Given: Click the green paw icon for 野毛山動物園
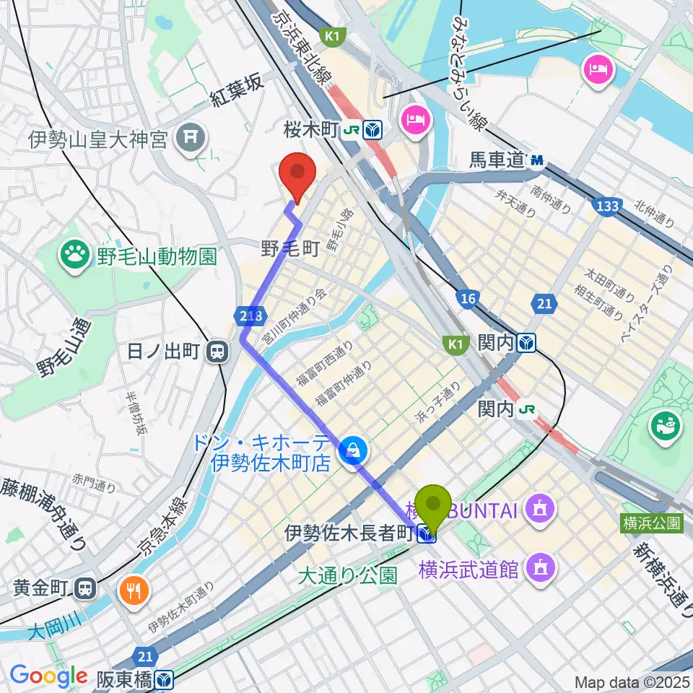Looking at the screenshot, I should pos(74,254).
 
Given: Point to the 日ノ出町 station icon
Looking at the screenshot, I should pos(216,352).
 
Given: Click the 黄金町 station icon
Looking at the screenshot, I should pos(87,588).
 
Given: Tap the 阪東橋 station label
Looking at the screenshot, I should pos(126,679).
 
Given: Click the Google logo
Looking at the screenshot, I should pos(48,676).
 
